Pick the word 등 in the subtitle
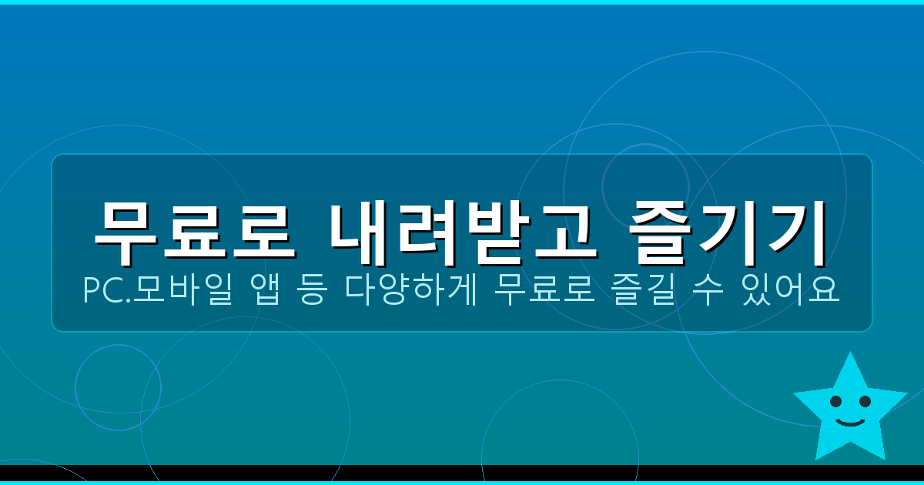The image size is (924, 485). coord(313,291)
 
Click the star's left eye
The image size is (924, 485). coord(835,401)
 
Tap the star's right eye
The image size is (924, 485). coord(865,401)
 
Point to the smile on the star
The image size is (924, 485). coord(850,422)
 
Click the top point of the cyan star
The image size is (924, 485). coord(850,355)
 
